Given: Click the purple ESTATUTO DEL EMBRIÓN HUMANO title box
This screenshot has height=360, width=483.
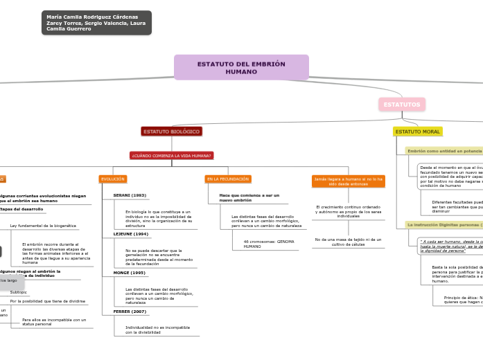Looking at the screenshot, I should pyautogui.click(x=241, y=68).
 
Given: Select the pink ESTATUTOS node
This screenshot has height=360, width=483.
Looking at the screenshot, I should pyautogui.click(x=402, y=105).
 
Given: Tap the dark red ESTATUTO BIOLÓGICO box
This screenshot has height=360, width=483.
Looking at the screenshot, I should pyautogui.click(x=172, y=132).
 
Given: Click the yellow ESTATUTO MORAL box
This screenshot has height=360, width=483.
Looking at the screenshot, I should pyautogui.click(x=418, y=132).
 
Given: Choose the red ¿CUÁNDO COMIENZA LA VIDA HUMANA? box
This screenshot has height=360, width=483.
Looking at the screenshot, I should pyautogui.click(x=172, y=156).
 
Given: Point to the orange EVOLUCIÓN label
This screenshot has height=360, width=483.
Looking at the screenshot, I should pyautogui.click(x=113, y=179).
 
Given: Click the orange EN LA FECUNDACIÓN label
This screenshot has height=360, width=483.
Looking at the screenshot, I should pyautogui.click(x=228, y=179).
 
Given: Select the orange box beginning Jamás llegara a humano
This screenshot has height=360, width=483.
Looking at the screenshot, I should pyautogui.click(x=348, y=181).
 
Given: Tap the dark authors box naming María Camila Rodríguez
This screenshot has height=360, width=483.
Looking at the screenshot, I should pyautogui.click(x=96, y=23).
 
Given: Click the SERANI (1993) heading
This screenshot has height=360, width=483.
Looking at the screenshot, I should pyautogui.click(x=130, y=196).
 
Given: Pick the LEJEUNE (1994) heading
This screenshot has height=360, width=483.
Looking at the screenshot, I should pyautogui.click(x=130, y=234).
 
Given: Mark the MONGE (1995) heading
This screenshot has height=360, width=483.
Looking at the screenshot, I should pyautogui.click(x=129, y=273).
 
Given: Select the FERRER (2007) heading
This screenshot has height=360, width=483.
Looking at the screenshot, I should pyautogui.click(x=130, y=312).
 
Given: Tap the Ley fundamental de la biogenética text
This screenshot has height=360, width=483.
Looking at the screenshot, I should pyautogui.click(x=43, y=226).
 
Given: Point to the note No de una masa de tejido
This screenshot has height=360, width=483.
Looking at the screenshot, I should pyautogui.click(x=348, y=242).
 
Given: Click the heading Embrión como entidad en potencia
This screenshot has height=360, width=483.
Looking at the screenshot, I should pyautogui.click(x=444, y=150).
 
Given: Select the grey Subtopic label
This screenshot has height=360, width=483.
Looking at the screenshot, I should pyautogui.click(x=19, y=292).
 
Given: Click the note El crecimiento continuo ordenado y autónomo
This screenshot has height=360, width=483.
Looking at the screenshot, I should pyautogui.click(x=348, y=211).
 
